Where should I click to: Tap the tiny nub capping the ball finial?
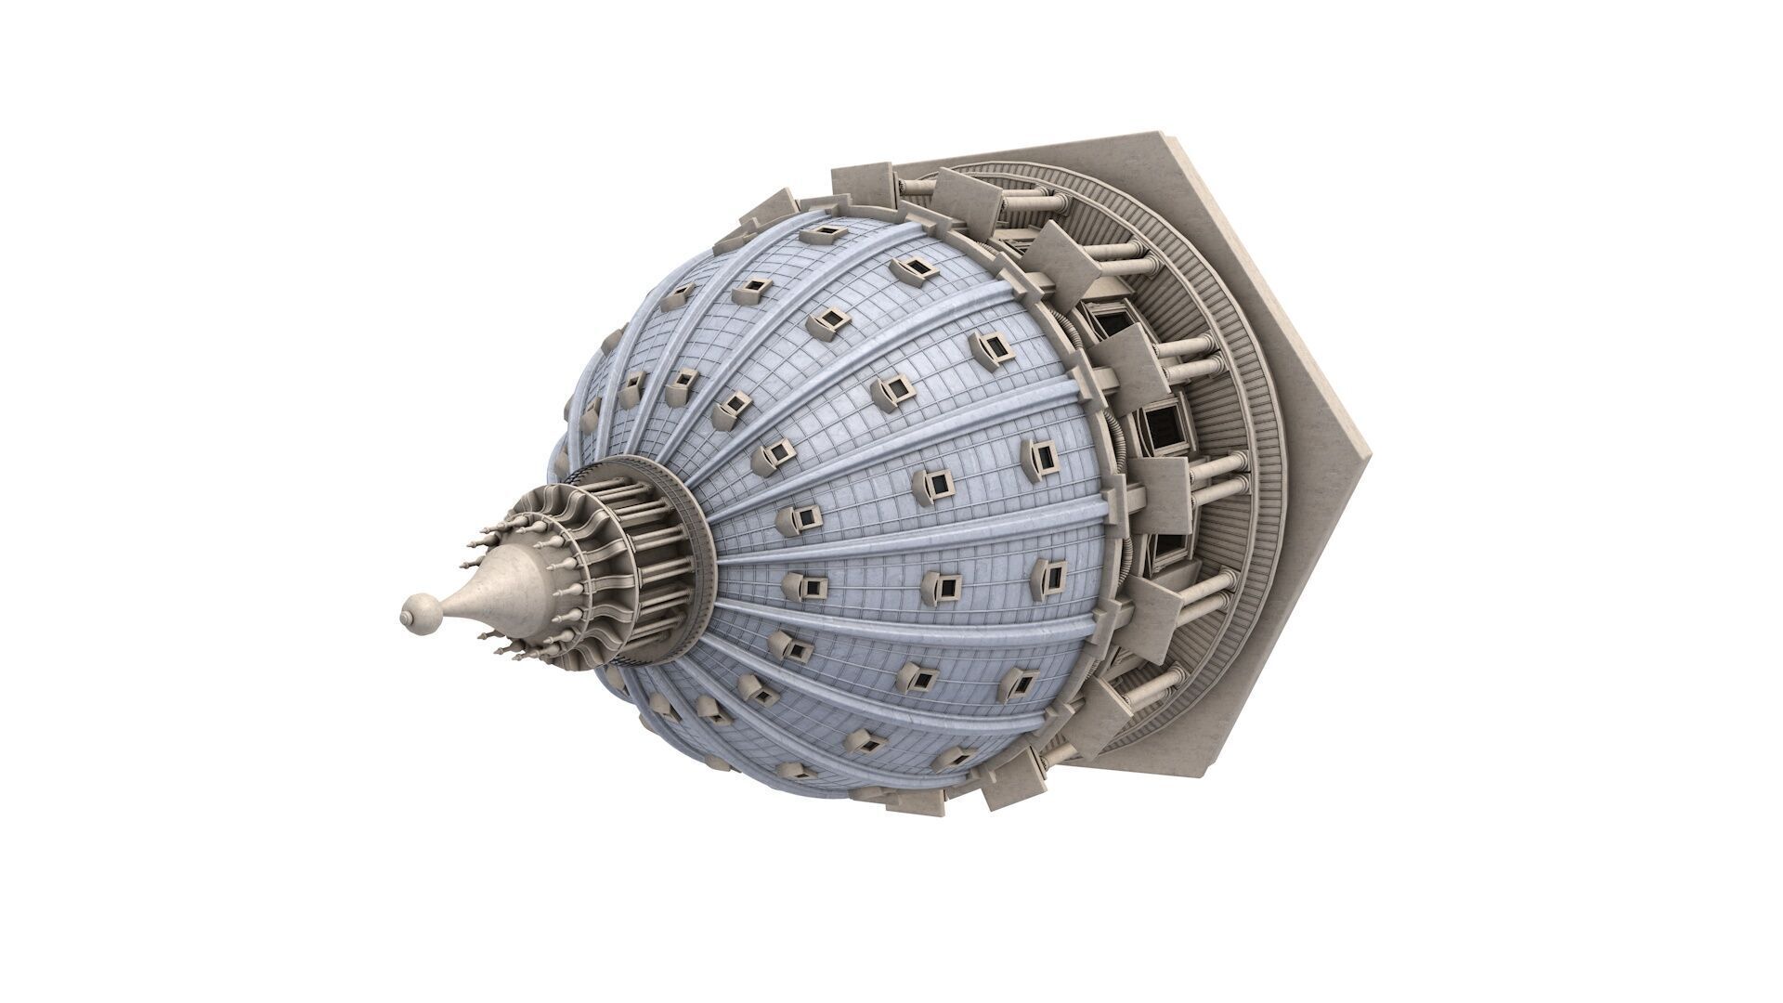point(405,614)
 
